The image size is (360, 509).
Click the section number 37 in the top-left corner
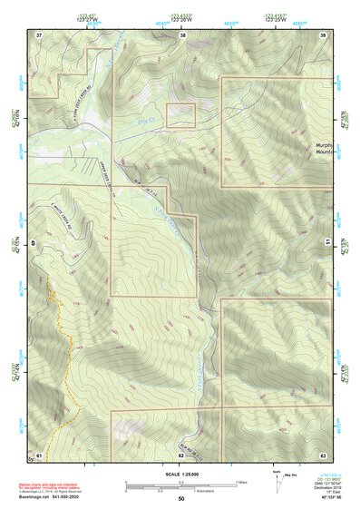click(x=39, y=34)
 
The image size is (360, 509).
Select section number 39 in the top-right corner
click(x=323, y=34)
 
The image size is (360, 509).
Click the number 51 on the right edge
click(x=326, y=242)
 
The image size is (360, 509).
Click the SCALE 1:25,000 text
click(x=180, y=473)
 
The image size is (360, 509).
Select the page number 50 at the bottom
click(x=181, y=499)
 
